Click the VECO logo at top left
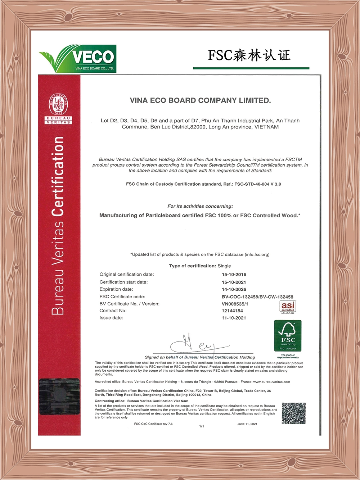click(x=78, y=58)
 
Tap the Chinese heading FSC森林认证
click(x=249, y=55)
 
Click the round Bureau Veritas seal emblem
click(x=58, y=104)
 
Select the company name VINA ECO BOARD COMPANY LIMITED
click(x=200, y=100)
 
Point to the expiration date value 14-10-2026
click(x=234, y=289)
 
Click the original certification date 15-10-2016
click(x=234, y=275)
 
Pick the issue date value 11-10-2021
click(x=234, y=318)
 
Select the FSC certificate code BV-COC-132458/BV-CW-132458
click(x=257, y=297)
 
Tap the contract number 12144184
click(x=232, y=311)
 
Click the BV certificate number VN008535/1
click(x=235, y=304)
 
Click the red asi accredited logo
click(x=288, y=306)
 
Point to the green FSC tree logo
click(x=288, y=335)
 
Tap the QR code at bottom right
click(x=293, y=413)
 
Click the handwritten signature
click(x=198, y=345)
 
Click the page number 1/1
click(x=202, y=426)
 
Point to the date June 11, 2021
click(x=247, y=424)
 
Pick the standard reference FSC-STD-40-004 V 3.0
click(x=257, y=184)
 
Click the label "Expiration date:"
click(x=116, y=289)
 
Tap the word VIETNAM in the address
click(x=266, y=127)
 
